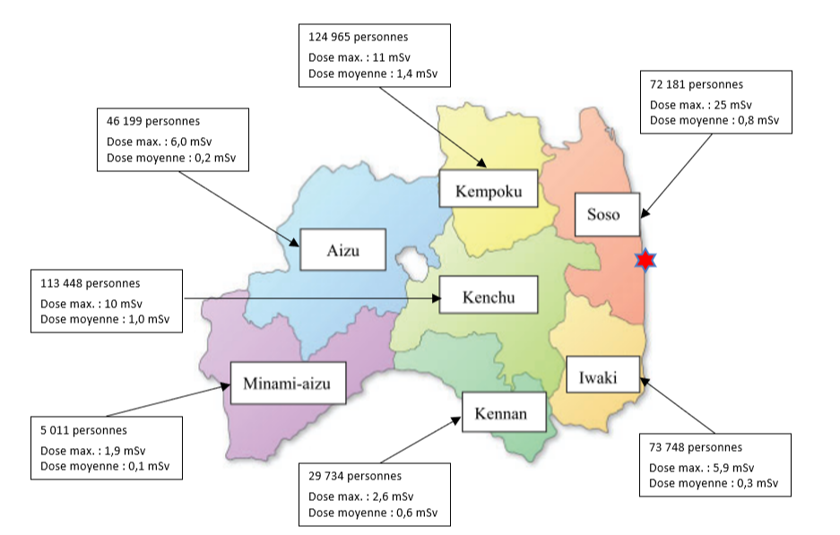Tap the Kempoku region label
(x=489, y=191)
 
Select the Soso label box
(x=608, y=214)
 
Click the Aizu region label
(x=342, y=250)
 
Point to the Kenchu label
(x=489, y=297)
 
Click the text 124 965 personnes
(x=358, y=38)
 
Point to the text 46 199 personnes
(x=153, y=120)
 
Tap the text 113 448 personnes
(x=90, y=283)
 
